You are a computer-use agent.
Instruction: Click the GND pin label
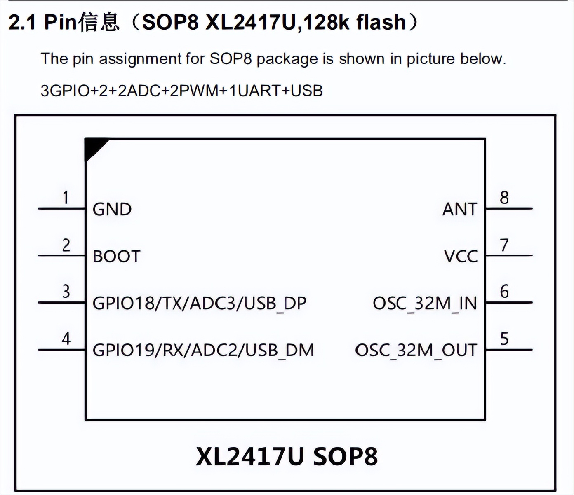[112, 209]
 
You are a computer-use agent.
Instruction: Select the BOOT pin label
[116, 256]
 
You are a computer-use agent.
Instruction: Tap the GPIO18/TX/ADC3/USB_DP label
[200, 303]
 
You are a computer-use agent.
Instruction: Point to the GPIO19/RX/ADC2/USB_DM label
[203, 350]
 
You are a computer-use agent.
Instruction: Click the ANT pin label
[459, 209]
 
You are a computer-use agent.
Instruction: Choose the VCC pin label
[461, 256]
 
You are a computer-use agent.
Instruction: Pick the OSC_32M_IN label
[425, 303]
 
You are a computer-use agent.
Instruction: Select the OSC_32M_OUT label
[416, 350]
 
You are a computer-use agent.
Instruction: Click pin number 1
[66, 198]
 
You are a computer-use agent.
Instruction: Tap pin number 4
[66, 339]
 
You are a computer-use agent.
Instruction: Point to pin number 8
[504, 198]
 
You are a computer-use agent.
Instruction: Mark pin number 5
[504, 339]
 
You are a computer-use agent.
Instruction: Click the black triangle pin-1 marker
[93, 147]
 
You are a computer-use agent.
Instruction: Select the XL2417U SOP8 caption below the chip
[287, 456]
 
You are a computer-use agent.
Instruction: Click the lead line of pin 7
[509, 255]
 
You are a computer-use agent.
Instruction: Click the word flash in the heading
[381, 22]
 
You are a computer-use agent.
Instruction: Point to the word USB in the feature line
[307, 91]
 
